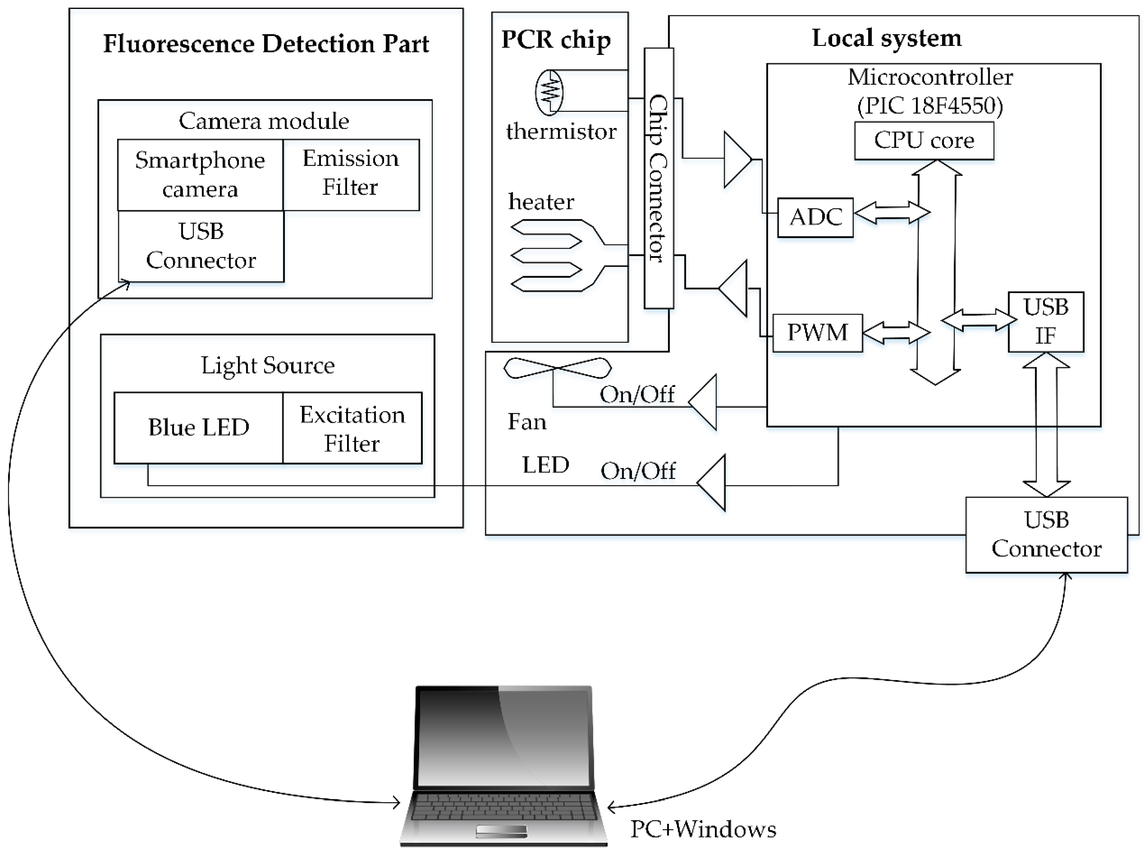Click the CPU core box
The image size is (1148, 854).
click(x=924, y=141)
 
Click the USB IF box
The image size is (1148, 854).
click(x=1046, y=321)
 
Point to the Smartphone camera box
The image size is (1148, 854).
click(x=200, y=175)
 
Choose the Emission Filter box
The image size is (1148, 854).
click(x=351, y=174)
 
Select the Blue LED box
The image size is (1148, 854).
click(x=199, y=428)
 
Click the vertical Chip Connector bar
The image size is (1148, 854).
click(x=658, y=178)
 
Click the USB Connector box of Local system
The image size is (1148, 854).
click(x=1046, y=534)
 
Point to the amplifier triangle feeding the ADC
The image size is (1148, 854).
click(x=736, y=159)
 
